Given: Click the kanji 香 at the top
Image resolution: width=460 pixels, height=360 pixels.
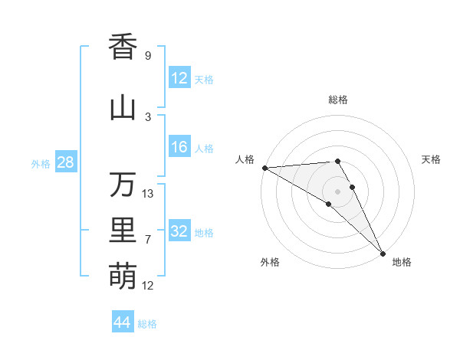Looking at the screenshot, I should pyautogui.click(x=123, y=47).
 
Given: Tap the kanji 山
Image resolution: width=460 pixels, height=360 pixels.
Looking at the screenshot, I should pyautogui.click(x=123, y=108).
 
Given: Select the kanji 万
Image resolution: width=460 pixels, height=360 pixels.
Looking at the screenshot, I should pyautogui.click(x=123, y=185).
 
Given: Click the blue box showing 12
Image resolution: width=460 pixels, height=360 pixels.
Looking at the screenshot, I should pyautogui.click(x=179, y=78).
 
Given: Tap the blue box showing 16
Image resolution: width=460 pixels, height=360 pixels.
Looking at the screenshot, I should pyautogui.click(x=179, y=148).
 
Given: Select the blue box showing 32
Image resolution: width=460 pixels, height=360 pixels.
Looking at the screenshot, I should pyautogui.click(x=179, y=231).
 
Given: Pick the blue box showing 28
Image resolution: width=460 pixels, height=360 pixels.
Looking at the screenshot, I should pyautogui.click(x=65, y=162).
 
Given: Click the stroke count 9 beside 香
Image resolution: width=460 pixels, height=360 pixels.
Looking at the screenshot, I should pyautogui.click(x=147, y=55).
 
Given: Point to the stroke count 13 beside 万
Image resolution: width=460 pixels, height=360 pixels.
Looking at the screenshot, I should pyautogui.click(x=148, y=194).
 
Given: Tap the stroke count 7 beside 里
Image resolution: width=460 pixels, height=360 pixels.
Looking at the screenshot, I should pyautogui.click(x=147, y=240).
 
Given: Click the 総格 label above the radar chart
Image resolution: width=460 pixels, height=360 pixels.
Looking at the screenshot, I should pyautogui.click(x=338, y=100).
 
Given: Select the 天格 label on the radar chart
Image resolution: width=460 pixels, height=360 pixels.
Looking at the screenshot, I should pyautogui.click(x=432, y=159).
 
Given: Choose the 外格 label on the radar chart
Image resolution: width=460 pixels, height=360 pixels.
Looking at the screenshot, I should pyautogui.click(x=270, y=262).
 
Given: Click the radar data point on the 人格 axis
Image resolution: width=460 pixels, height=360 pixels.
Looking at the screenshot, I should pyautogui.click(x=264, y=167).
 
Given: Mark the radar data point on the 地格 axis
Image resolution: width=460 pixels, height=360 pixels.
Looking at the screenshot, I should pyautogui.click(x=382, y=252).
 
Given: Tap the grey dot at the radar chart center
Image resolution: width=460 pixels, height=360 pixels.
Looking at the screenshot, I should pyautogui.click(x=337, y=191).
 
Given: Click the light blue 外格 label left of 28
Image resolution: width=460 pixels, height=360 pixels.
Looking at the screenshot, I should pyautogui.click(x=40, y=163).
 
